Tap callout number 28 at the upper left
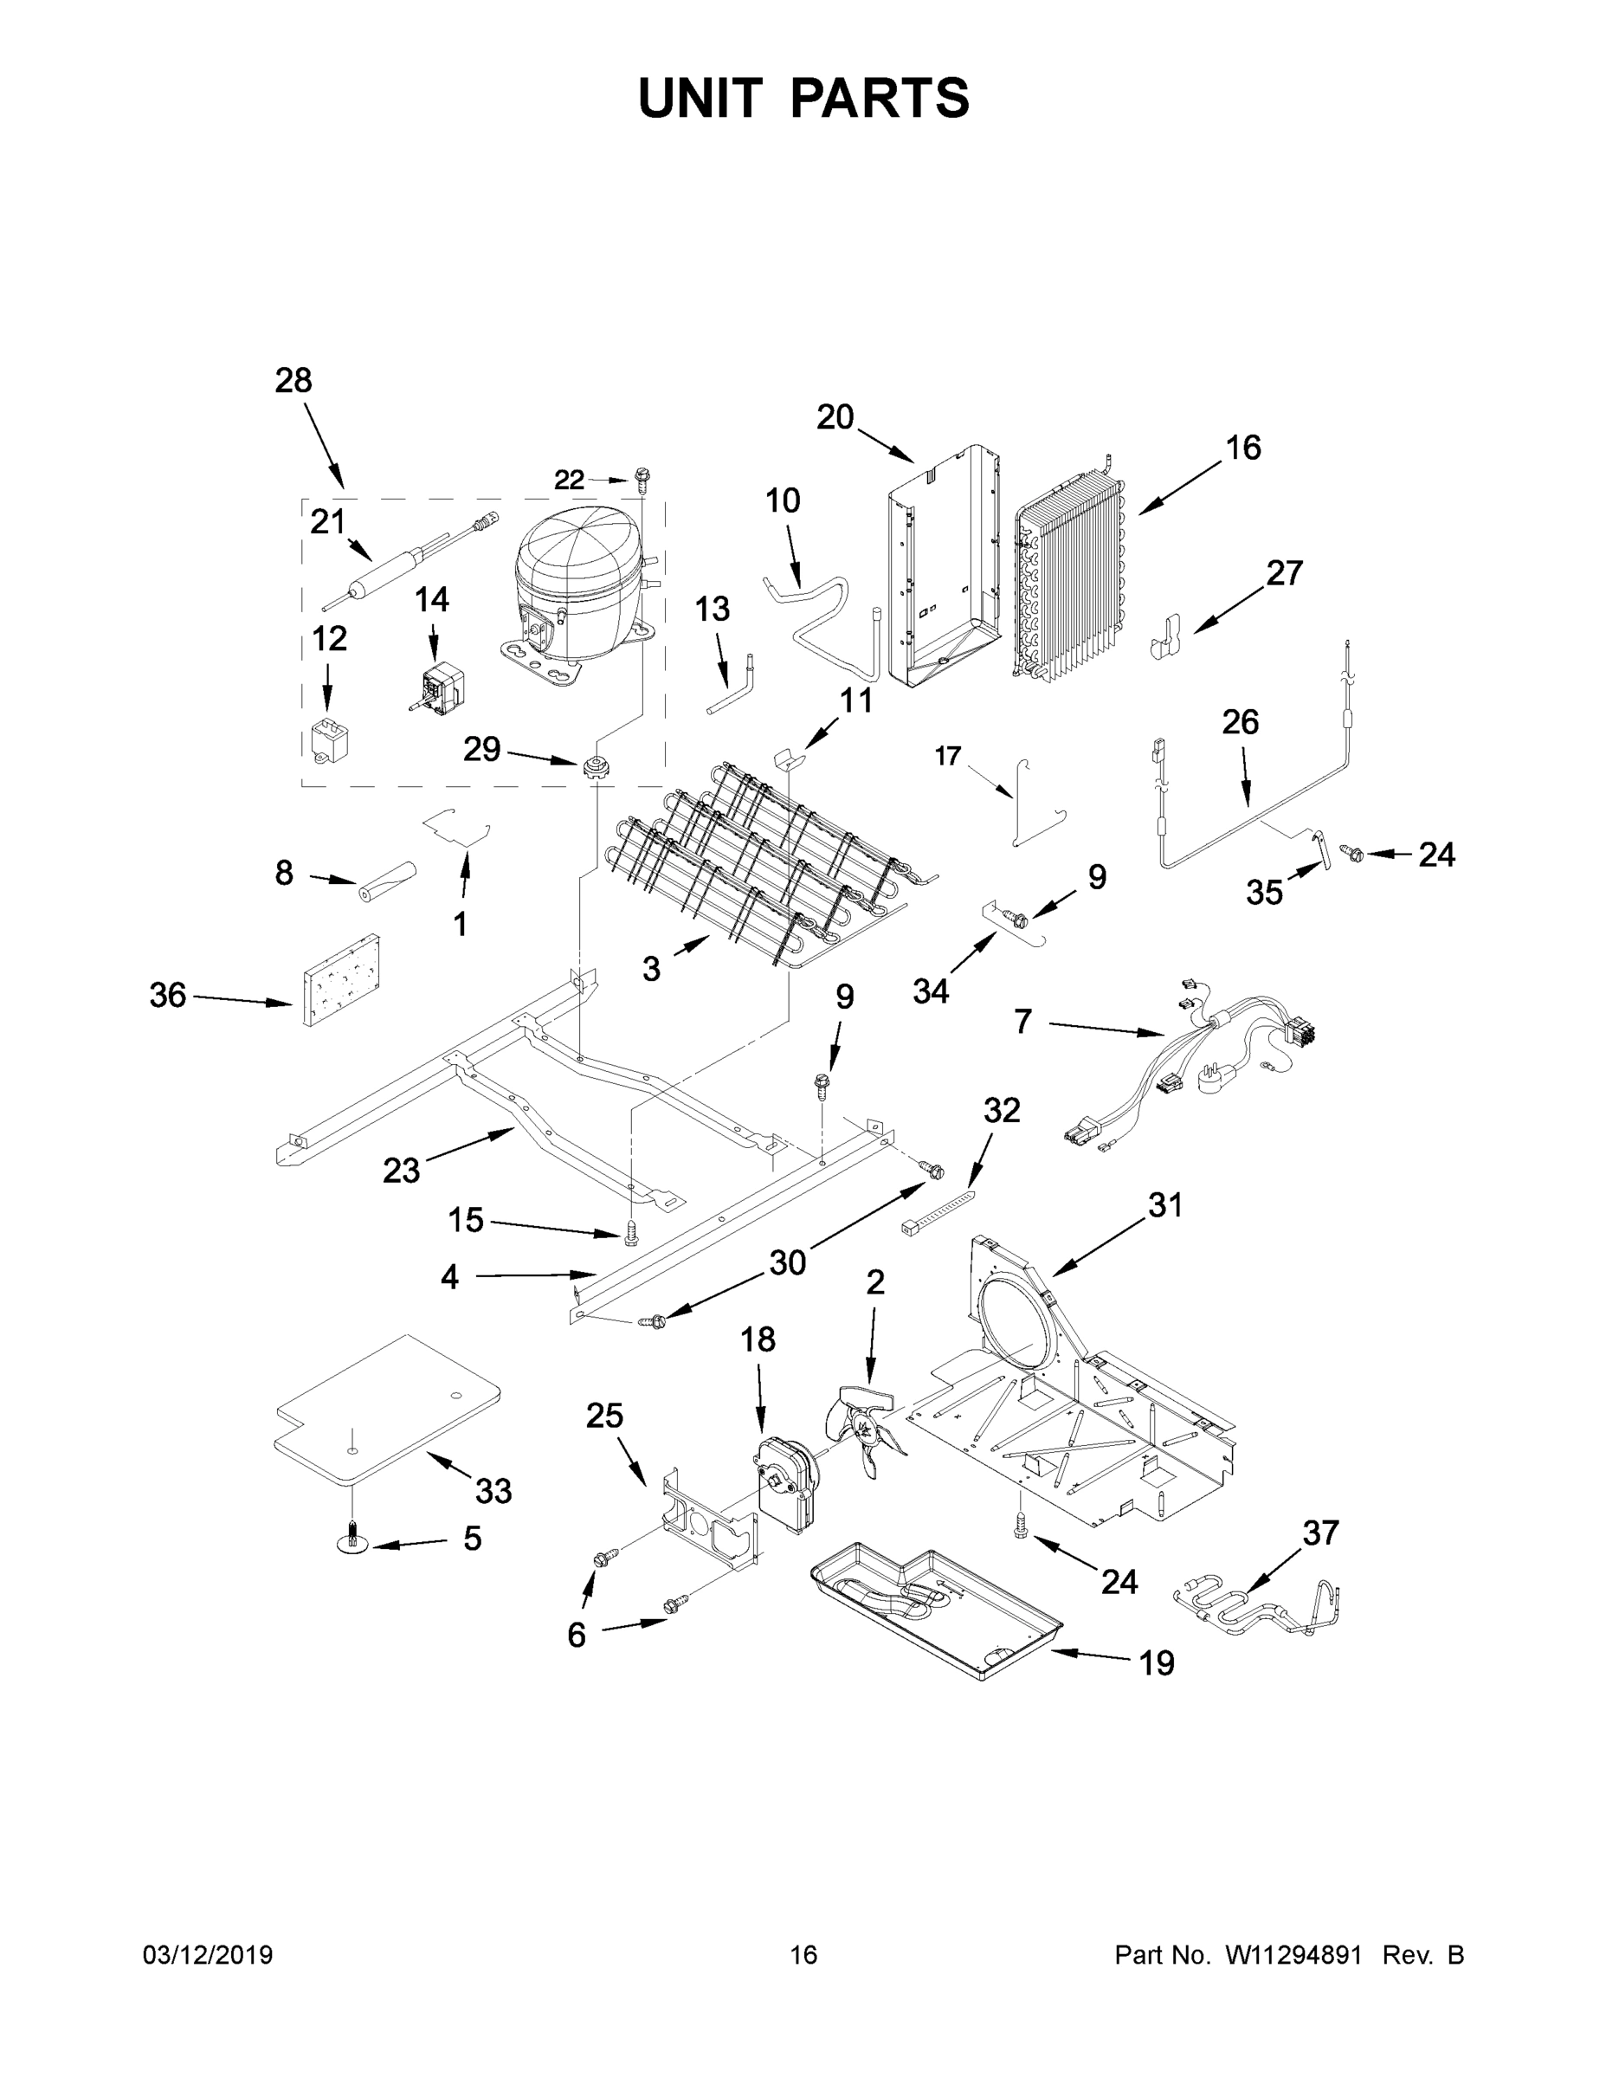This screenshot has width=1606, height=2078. tap(293, 381)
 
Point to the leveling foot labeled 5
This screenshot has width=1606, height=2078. tap(353, 1543)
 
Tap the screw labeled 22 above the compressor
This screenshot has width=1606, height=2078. tap(642, 478)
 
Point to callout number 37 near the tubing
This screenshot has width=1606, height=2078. tap(1319, 1533)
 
